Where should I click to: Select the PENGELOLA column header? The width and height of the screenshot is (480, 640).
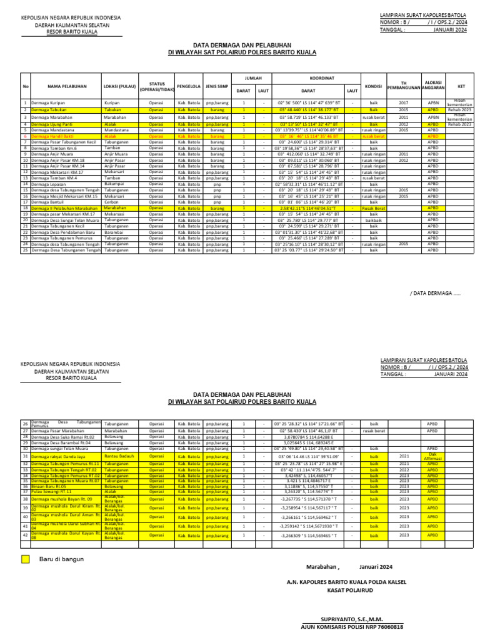tap(188, 86)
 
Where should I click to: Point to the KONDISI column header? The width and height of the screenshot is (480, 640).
tap(373, 86)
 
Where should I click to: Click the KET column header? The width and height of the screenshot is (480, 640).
tap(461, 86)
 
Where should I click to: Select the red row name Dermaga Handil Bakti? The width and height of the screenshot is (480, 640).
tap(54, 136)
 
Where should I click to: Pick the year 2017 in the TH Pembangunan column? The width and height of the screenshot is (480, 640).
tap(403, 102)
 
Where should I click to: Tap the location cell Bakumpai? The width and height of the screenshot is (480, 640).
tap(114, 184)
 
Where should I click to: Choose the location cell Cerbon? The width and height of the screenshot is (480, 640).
tap(112, 202)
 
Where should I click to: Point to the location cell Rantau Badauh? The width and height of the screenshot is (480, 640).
tap(120, 456)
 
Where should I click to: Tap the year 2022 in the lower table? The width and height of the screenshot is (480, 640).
tap(404, 470)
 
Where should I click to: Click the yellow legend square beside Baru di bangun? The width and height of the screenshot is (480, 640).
tap(25, 559)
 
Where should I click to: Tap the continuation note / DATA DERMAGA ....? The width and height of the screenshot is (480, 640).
tap(436, 292)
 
